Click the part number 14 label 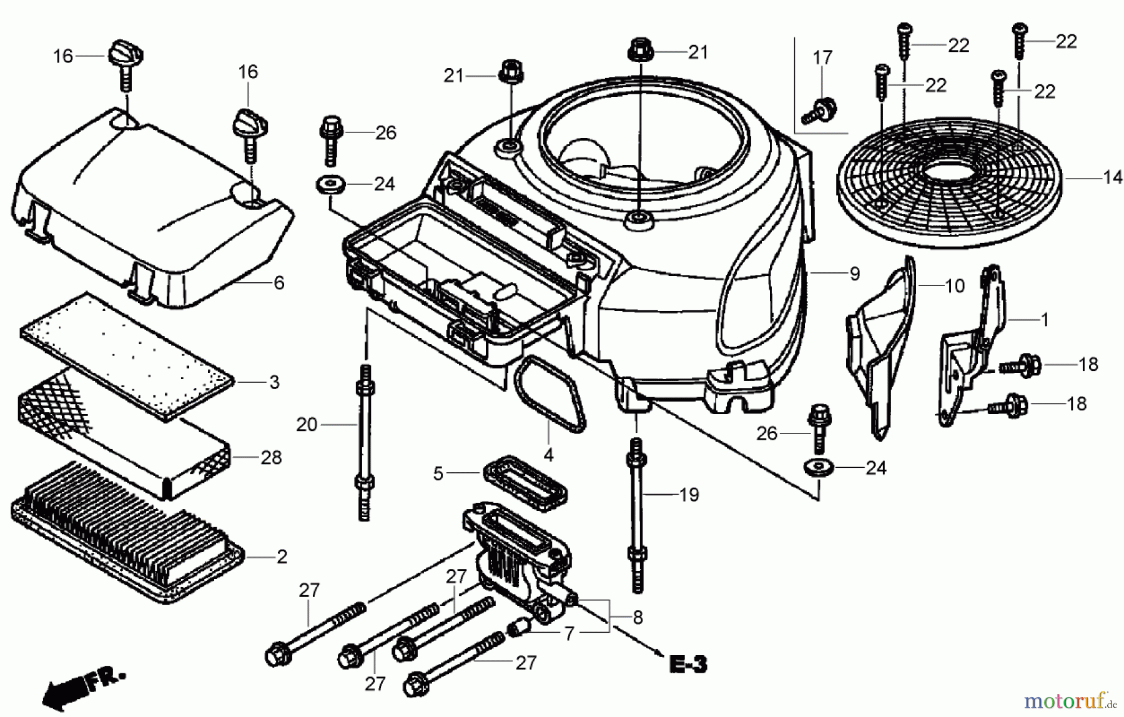pyautogui.click(x=1112, y=178)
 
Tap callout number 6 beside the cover pyautogui.click(x=279, y=283)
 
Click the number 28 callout pyautogui.click(x=271, y=458)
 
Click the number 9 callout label pyautogui.click(x=854, y=274)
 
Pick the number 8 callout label pyautogui.click(x=637, y=618)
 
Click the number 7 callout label pyautogui.click(x=568, y=634)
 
